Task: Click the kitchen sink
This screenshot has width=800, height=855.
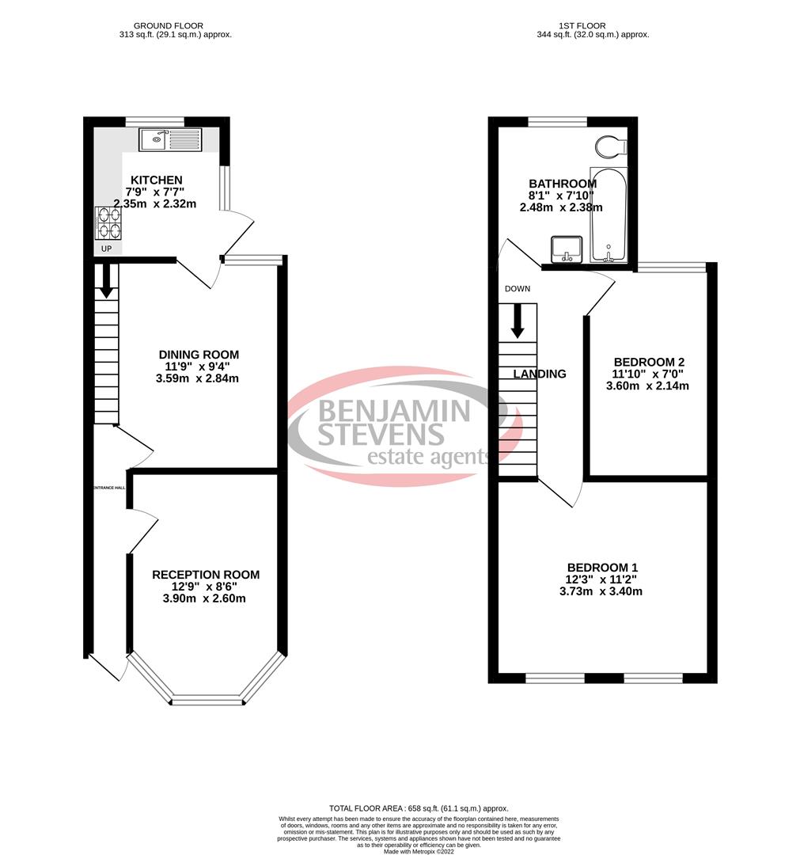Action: point(172,141)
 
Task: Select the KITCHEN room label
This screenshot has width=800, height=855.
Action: point(156,180)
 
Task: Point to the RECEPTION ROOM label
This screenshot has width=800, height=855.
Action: point(205,575)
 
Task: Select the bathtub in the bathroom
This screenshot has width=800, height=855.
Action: point(608,215)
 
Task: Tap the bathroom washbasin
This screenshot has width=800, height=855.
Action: point(567,248)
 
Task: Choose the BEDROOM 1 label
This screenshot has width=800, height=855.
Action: point(602,568)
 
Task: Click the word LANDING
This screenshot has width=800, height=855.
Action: point(540,374)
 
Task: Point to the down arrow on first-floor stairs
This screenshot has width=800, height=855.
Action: point(518,320)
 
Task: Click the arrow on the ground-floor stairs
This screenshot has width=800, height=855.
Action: point(106,283)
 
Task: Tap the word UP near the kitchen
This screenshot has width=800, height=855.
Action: point(106,249)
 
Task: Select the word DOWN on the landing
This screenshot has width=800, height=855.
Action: point(517,289)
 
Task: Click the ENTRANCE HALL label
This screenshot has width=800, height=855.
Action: point(110,488)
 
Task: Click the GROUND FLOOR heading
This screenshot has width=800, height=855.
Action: point(172,25)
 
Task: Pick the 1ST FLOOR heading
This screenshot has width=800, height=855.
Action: point(592,25)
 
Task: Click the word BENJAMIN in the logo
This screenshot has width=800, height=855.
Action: point(394,410)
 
